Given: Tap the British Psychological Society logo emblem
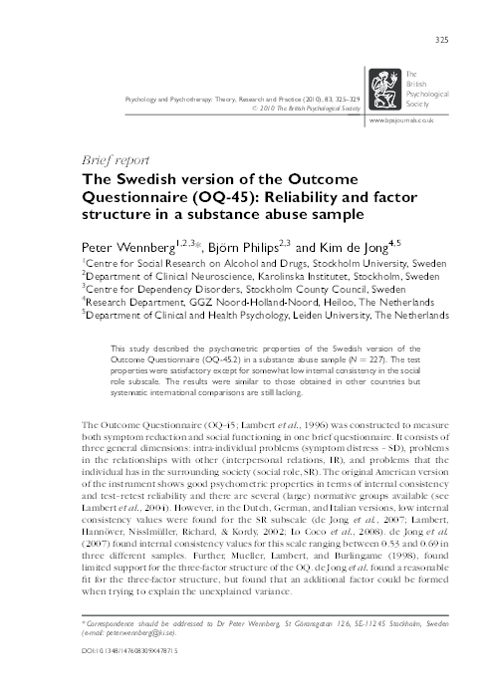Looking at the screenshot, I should [x=382, y=87].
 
